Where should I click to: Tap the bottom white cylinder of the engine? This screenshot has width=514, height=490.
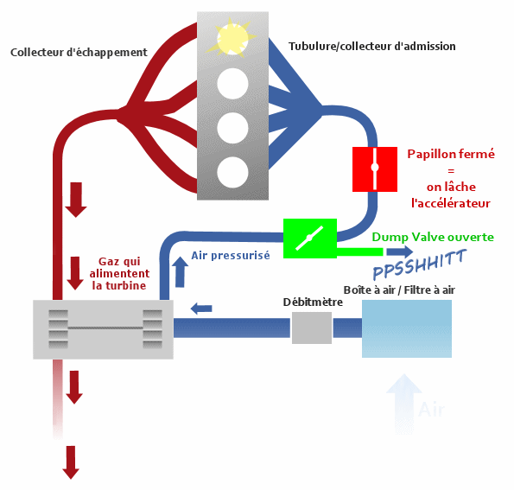[x=232, y=172]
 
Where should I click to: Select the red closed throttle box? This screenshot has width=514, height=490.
[x=375, y=169]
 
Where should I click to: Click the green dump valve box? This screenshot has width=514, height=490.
[x=310, y=239]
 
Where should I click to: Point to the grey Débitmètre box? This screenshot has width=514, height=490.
[x=311, y=328]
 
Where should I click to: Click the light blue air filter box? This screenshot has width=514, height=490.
[x=407, y=328]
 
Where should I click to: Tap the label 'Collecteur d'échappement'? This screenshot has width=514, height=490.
[x=79, y=53]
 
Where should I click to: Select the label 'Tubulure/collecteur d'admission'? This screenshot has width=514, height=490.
[x=371, y=47]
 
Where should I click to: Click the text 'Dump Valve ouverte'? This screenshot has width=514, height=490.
[x=433, y=237]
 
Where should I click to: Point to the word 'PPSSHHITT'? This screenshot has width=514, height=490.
[x=420, y=264]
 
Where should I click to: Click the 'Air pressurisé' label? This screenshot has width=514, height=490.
[x=231, y=255]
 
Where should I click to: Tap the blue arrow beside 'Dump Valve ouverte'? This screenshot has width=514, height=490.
[x=400, y=251]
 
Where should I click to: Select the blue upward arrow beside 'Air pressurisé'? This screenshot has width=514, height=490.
[x=180, y=272]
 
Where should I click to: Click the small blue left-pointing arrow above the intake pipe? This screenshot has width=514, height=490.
[x=201, y=309]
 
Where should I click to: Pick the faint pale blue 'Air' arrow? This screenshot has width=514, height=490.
[x=404, y=404]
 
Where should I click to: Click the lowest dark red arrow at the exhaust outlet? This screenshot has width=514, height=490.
[x=71, y=462]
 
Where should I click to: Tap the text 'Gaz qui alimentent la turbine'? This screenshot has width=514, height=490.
[x=119, y=274]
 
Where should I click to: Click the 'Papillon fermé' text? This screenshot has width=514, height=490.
[x=451, y=154]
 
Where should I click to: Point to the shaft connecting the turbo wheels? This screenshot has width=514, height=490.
[x=105, y=328]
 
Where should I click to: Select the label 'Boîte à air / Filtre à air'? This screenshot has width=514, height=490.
[x=399, y=290]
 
